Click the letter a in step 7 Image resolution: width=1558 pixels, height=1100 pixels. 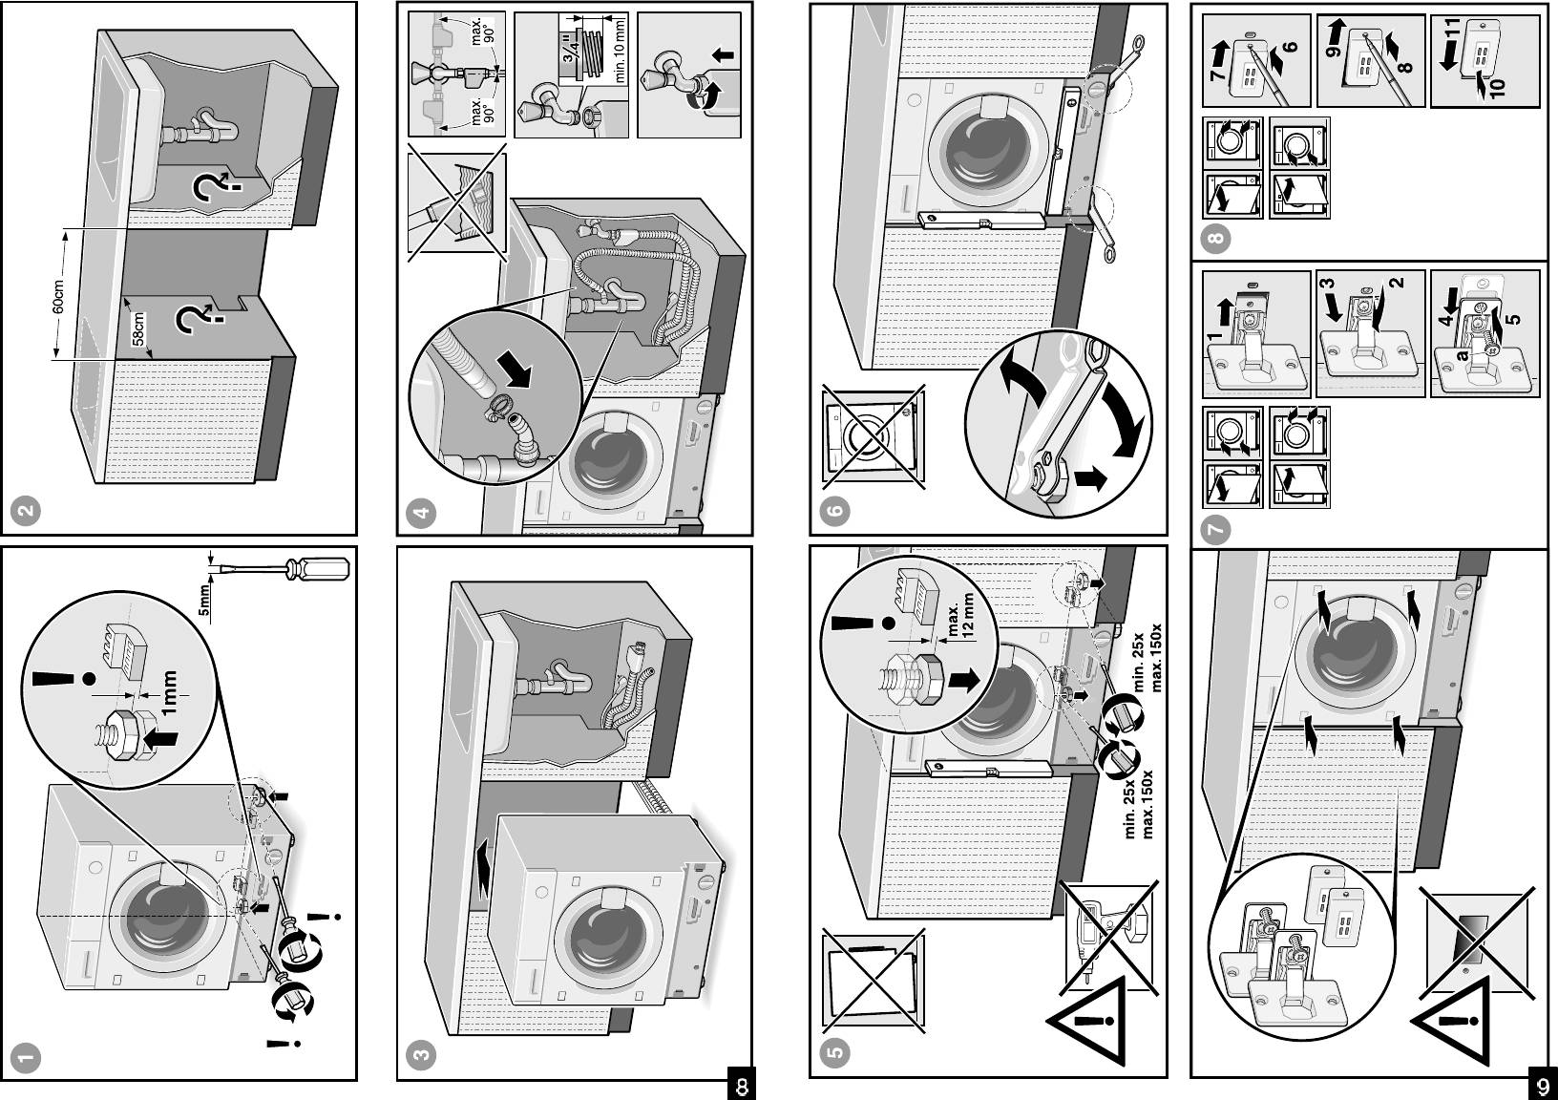point(1460,355)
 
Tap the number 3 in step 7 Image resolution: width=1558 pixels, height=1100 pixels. point(1328,285)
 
